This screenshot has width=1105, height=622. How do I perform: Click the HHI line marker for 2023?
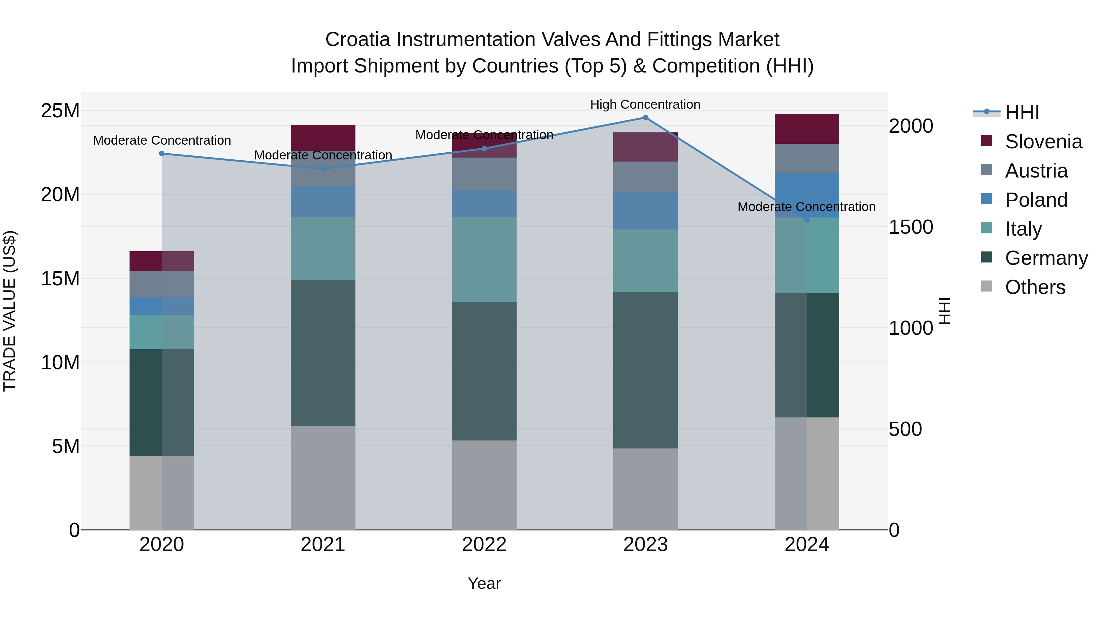645,118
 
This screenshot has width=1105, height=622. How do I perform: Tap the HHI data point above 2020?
162,154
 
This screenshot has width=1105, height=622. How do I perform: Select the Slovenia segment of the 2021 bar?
323,138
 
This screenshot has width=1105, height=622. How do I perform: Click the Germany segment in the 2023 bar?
645,370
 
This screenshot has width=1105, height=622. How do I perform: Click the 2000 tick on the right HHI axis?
911,126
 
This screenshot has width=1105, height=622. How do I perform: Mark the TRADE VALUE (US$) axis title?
10,311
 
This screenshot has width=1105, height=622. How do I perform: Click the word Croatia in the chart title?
358,40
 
